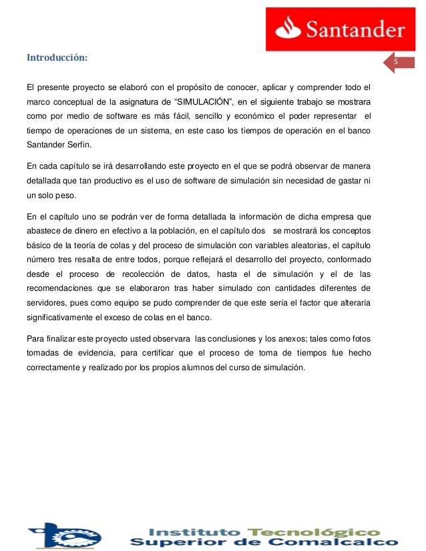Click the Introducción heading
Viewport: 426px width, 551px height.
pyautogui.click(x=57, y=57)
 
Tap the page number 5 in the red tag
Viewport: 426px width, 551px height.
pyautogui.click(x=395, y=62)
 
